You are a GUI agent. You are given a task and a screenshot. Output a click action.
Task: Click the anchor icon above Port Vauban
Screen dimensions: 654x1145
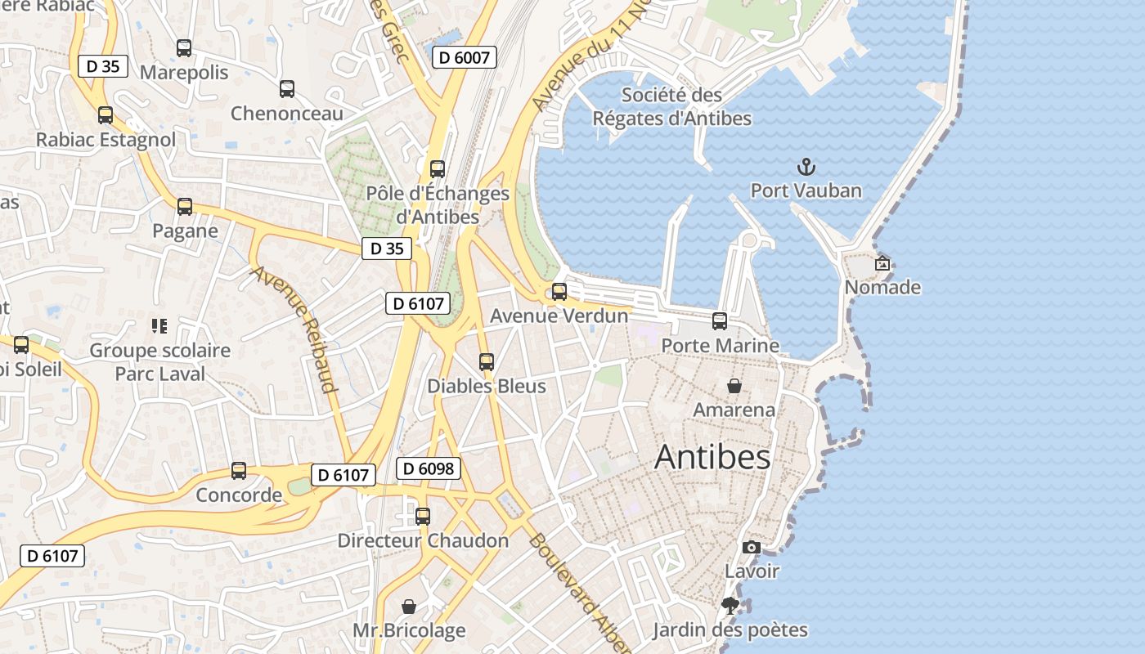click(x=806, y=168)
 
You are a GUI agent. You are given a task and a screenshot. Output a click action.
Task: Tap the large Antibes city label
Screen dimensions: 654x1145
click(x=712, y=457)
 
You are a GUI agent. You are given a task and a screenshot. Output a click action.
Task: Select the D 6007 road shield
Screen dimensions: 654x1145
click(x=464, y=57)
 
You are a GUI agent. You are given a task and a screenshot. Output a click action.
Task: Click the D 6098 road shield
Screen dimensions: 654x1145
click(x=429, y=468)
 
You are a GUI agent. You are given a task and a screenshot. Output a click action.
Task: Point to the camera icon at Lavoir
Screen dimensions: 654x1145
click(x=751, y=547)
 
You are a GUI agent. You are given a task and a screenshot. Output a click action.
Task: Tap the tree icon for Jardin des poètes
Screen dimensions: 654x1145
click(x=730, y=606)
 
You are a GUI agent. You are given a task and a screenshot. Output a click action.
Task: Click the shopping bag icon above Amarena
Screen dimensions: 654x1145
click(x=734, y=385)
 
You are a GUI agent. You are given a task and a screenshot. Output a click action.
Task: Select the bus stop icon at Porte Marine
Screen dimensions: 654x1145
click(x=720, y=321)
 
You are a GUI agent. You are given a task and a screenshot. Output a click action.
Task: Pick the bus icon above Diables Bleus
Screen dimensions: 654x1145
click(x=487, y=361)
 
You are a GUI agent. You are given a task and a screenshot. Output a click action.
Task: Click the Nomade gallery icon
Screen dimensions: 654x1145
click(x=882, y=263)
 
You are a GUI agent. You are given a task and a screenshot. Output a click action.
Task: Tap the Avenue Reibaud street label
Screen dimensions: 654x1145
click(x=295, y=329)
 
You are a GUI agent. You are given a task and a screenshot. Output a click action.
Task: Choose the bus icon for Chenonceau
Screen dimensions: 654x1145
click(x=286, y=89)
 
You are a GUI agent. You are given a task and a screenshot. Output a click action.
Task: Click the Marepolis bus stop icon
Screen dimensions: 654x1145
click(x=184, y=48)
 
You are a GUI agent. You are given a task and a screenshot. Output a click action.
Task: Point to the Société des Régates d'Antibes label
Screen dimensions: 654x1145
click(x=671, y=106)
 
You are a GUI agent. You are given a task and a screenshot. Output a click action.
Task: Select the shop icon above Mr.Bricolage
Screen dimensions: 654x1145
click(x=409, y=606)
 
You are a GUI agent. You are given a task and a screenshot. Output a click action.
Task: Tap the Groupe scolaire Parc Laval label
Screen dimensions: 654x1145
click(x=160, y=362)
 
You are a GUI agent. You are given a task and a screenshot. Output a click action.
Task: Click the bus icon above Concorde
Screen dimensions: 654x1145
click(x=239, y=471)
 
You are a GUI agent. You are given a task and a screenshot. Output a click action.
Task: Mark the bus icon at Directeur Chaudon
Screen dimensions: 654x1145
click(x=423, y=517)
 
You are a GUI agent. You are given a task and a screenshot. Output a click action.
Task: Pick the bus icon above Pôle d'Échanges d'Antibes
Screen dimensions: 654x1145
click(x=438, y=169)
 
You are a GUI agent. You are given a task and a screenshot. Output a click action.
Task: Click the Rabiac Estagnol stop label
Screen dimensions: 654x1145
click(x=106, y=140)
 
